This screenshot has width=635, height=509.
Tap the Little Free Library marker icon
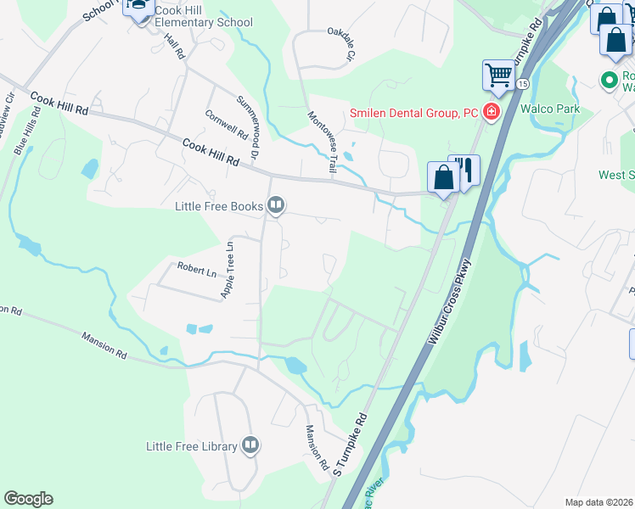pos(250,445)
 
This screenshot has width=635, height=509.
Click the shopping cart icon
pos(498,76)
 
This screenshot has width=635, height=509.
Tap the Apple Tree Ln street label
pos(228,270)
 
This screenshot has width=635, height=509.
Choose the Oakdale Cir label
pos(340,44)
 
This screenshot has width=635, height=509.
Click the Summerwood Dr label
pos(247,128)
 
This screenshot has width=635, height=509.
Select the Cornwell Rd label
pos(226,125)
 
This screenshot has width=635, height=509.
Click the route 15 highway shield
pos(523,83)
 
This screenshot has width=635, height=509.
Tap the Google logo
pos(28,499)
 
